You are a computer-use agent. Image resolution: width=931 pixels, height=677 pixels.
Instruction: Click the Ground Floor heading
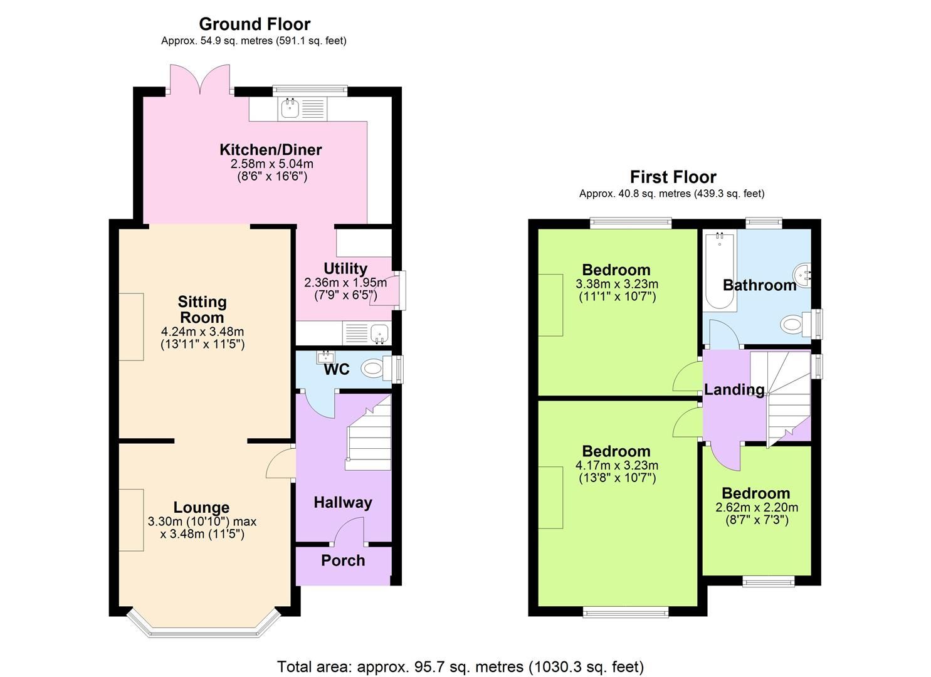(254, 24)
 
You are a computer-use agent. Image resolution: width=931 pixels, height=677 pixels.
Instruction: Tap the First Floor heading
(672, 177)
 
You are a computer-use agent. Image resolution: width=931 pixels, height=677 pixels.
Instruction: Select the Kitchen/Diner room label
(270, 150)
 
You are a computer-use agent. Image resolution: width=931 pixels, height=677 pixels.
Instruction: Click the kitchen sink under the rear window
(290, 108)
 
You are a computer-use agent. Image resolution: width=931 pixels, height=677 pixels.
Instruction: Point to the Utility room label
(345, 268)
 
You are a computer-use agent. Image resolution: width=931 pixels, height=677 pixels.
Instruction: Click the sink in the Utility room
(378, 333)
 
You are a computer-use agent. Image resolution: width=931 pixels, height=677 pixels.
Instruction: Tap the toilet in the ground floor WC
(375, 368)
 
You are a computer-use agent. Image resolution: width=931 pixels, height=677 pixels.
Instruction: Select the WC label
(336, 370)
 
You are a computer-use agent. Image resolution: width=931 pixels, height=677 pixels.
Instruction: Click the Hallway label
(342, 502)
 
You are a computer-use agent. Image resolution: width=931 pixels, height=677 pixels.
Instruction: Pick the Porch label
(342, 560)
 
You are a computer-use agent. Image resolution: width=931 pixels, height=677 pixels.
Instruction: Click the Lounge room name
(201, 507)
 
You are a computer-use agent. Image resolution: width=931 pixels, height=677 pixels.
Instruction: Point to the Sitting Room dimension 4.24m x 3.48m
(202, 332)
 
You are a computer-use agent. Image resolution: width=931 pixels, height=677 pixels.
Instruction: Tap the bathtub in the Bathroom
(720, 271)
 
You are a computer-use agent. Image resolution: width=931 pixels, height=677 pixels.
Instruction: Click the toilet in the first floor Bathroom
(795, 324)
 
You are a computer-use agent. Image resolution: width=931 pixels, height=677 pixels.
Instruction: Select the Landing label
(734, 390)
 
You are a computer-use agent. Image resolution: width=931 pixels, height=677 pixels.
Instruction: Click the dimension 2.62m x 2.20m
(756, 507)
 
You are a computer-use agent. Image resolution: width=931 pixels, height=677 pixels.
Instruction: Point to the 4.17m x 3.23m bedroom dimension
(616, 465)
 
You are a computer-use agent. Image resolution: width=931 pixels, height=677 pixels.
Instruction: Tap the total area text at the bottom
(460, 666)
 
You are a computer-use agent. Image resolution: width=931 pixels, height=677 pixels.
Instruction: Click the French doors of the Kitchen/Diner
(201, 78)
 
